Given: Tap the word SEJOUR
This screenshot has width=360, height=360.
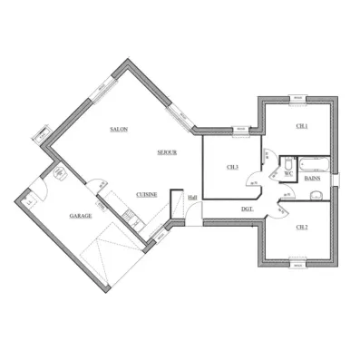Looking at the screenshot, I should (166, 151).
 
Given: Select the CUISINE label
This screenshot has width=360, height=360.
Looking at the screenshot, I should (145, 194).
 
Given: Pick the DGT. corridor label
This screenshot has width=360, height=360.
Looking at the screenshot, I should (246, 210).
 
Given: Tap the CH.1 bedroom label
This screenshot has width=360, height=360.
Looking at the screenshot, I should (302, 126).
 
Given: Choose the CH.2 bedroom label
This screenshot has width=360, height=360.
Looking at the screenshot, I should (302, 227).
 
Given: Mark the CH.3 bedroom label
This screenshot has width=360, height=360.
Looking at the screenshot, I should (232, 166).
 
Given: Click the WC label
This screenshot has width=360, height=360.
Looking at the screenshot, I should (288, 172).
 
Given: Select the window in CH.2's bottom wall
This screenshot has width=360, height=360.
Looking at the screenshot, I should (297, 265).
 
